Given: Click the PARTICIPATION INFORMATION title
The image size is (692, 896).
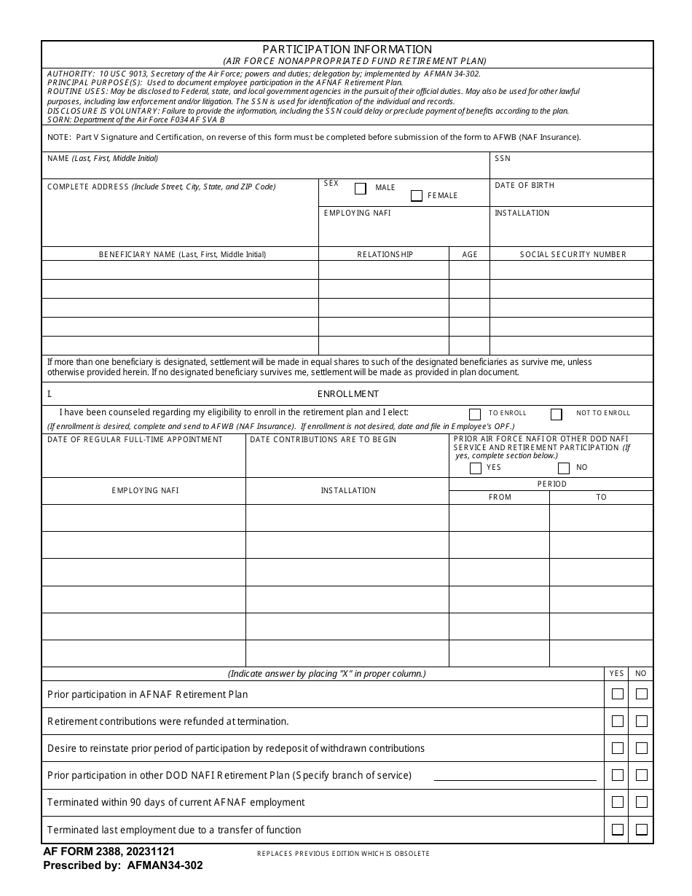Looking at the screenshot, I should pyautogui.click(x=347, y=50).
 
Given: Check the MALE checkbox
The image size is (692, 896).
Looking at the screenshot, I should pyautogui.click(x=360, y=189).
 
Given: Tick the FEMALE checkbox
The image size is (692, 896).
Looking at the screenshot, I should pyautogui.click(x=417, y=196).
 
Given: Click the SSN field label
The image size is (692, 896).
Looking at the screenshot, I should pyautogui.click(x=503, y=158).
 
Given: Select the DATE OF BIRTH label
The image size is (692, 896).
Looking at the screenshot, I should pyautogui.click(x=524, y=186).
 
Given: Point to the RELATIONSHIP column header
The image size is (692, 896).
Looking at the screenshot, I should pyautogui.click(x=385, y=254).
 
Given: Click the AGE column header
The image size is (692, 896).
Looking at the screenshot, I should pyautogui.click(x=470, y=254).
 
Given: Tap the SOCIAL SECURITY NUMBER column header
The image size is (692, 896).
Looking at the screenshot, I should pyautogui.click(x=573, y=254).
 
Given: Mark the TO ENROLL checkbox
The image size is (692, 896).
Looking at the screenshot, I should pyautogui.click(x=475, y=414).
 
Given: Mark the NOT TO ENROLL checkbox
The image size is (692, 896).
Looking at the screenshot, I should pyautogui.click(x=557, y=414).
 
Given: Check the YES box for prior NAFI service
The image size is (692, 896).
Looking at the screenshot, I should pyautogui.click(x=476, y=468).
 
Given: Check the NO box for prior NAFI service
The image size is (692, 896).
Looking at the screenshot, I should pyautogui.click(x=563, y=468).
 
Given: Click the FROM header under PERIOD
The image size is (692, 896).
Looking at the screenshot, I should pyautogui.click(x=500, y=497).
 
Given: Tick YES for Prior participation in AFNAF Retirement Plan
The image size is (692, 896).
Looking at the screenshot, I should pyautogui.click(x=618, y=694).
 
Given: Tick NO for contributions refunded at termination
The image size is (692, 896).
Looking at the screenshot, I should pyautogui.click(x=642, y=721).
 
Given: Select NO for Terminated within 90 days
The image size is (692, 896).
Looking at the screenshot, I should pyautogui.click(x=642, y=802).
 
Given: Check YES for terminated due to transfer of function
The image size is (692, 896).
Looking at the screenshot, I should pyautogui.click(x=618, y=829).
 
